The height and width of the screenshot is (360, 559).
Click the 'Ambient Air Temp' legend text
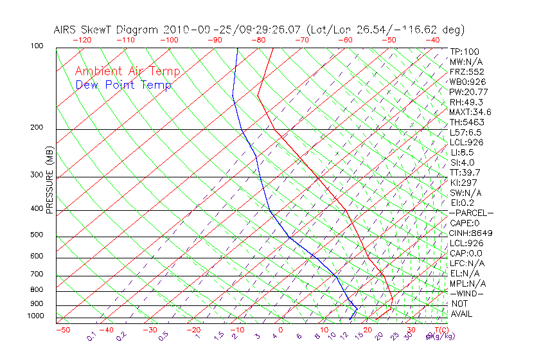tap(127, 71)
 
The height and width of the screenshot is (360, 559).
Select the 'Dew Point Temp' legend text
tap(123, 85)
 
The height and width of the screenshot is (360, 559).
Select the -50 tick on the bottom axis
tap(62, 330)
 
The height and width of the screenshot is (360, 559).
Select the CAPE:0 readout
tap(466, 223)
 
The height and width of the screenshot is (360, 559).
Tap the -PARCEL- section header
tap(471, 213)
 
